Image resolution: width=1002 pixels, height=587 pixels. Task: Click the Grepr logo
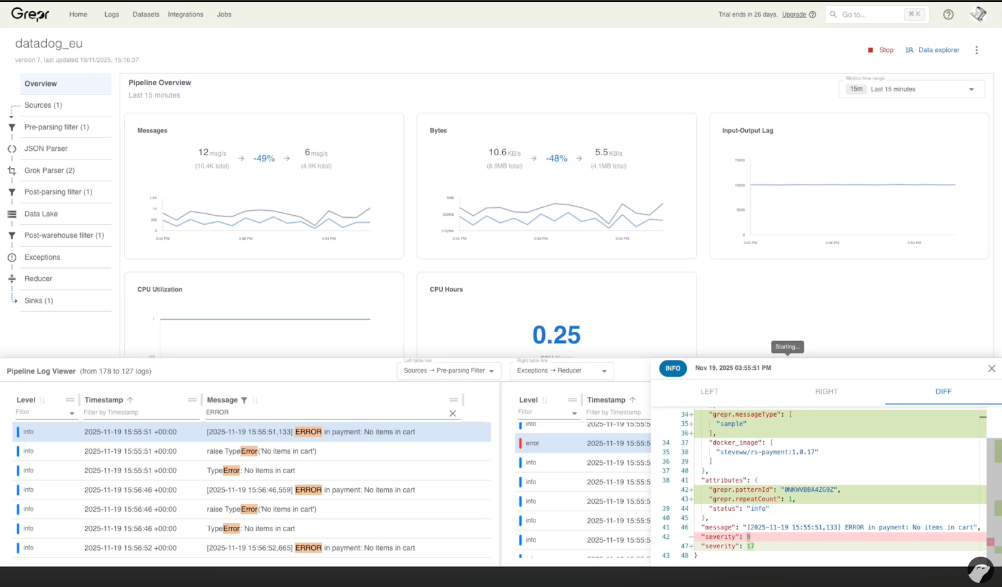point(30,14)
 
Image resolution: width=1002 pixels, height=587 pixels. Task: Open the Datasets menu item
point(146,14)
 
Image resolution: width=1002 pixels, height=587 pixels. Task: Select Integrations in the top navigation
point(185,14)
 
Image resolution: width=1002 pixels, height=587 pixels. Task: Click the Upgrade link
point(793,14)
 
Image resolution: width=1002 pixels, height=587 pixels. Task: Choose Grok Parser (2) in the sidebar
point(49,170)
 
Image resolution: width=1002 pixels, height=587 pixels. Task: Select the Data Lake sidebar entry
point(41,214)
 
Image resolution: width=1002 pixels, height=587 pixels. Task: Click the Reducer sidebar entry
point(38,279)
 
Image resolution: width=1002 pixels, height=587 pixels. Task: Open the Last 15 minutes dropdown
point(911,89)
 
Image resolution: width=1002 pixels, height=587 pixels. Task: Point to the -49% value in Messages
point(264,159)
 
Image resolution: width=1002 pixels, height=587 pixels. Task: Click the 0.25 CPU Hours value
point(556,335)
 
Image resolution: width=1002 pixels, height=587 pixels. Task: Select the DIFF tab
point(943,392)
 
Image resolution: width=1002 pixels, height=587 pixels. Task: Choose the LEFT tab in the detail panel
point(709,392)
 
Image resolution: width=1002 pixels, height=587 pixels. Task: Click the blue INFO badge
point(673,369)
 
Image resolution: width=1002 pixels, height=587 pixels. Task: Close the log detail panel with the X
point(991,369)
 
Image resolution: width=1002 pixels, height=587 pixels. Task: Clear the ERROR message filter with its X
point(453,413)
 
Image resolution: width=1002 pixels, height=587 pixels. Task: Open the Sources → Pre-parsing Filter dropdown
point(448,371)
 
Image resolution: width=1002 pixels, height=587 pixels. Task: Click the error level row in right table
point(532,443)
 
